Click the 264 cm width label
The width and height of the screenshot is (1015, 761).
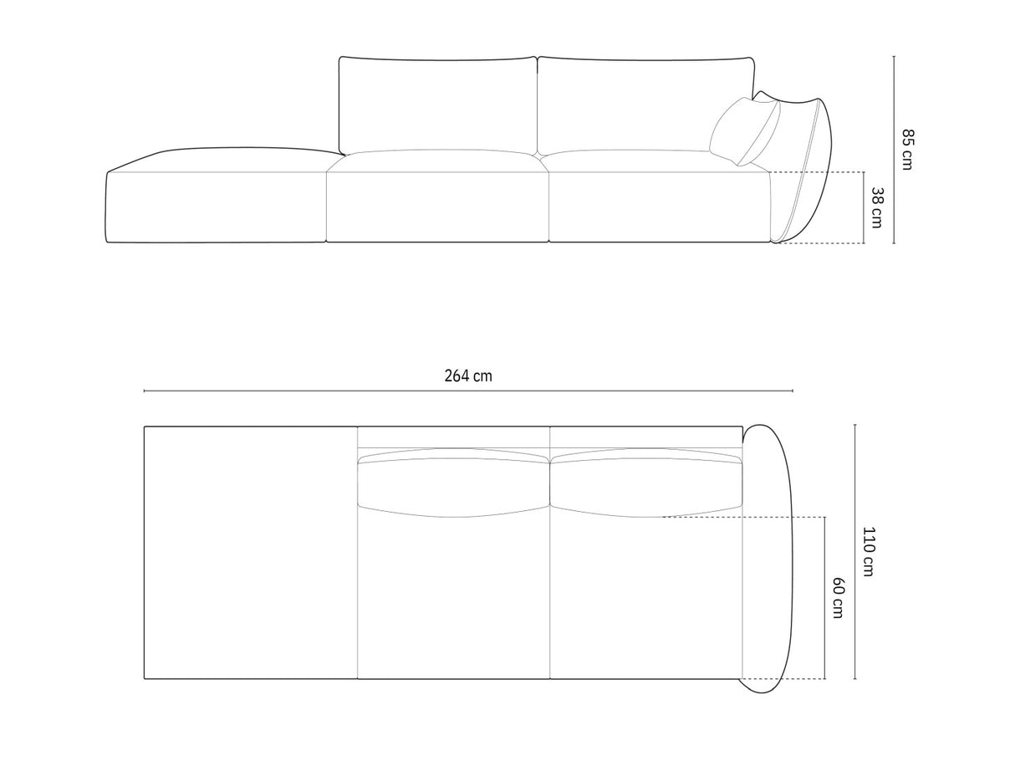pyautogui.click(x=468, y=375)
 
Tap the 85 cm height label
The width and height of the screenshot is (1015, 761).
pyautogui.click(x=907, y=149)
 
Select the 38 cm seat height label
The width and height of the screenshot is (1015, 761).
pyautogui.click(x=876, y=207)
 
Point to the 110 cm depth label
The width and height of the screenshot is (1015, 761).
pyautogui.click(x=868, y=552)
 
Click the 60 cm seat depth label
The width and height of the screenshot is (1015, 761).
pyautogui.click(x=838, y=597)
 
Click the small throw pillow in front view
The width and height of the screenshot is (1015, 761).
pyautogui.click(x=744, y=131)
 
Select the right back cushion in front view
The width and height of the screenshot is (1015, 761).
pyautogui.click(x=644, y=103)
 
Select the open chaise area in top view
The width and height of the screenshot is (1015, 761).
pyautogui.click(x=250, y=552)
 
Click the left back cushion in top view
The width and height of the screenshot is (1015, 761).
pyautogui.click(x=452, y=483)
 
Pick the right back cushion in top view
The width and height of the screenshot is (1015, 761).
pyautogui.click(x=646, y=483)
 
